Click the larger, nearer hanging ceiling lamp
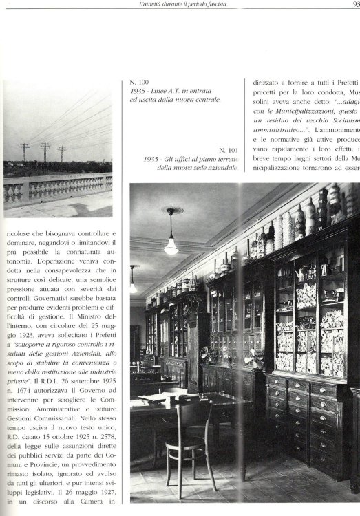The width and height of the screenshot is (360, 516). [x=171, y=245]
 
